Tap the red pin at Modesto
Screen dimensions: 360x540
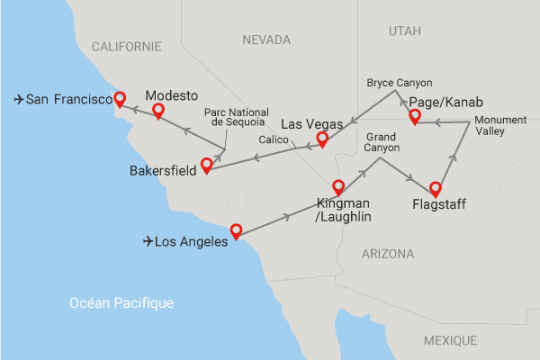point(158,111)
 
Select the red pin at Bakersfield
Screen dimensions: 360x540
point(207,165)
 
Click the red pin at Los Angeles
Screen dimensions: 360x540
point(236,230)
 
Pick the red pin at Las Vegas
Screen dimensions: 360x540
point(322,139)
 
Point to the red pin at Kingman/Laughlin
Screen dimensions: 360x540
point(338,187)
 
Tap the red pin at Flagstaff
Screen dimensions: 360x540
point(436,189)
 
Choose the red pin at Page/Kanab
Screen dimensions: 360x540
point(415,117)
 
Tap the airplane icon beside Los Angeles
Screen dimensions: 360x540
point(150,241)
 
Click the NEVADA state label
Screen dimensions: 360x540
point(266,40)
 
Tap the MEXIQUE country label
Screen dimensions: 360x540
point(450,339)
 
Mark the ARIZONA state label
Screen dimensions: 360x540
point(388,254)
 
